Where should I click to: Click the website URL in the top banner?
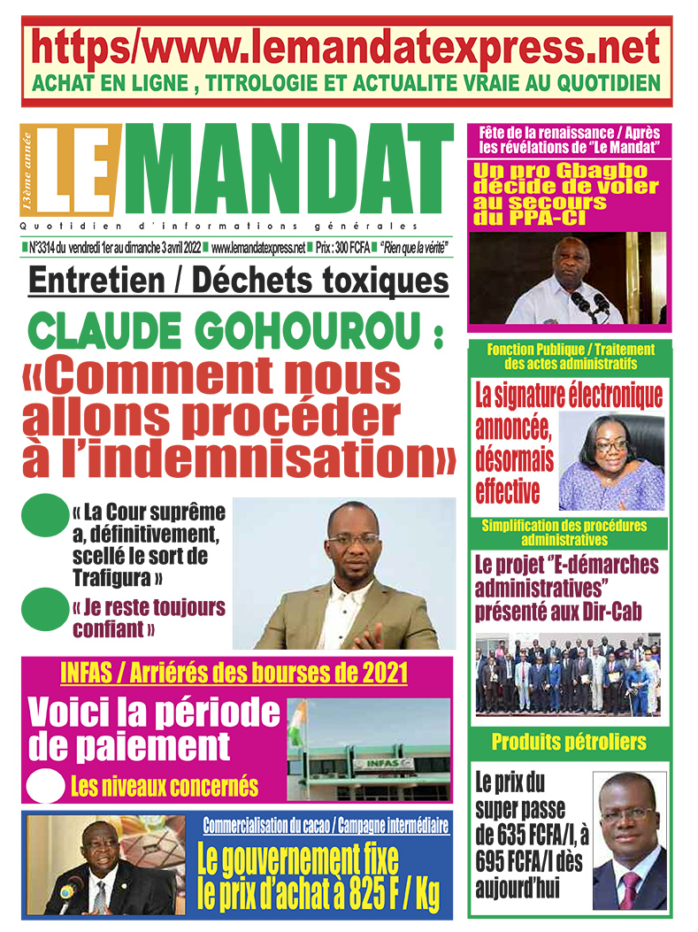coord(346,46)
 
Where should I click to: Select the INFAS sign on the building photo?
coord(380,764)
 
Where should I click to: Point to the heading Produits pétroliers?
coord(569,742)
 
